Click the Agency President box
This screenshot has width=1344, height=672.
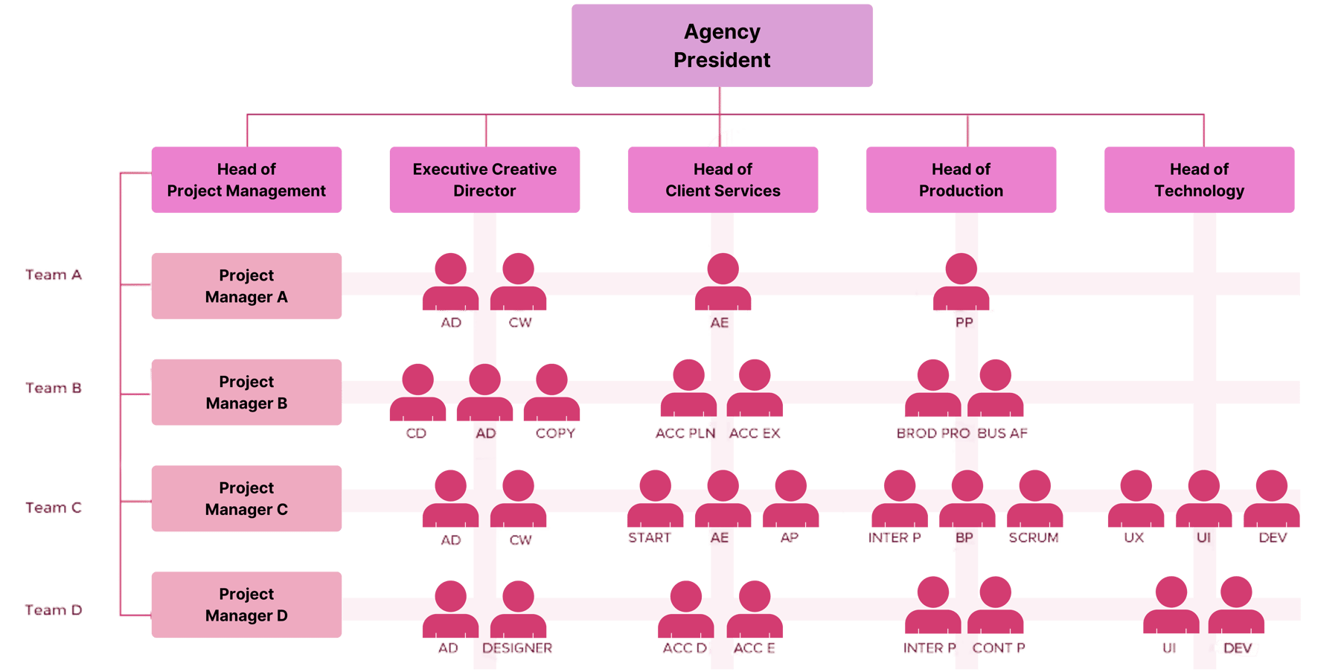point(722,45)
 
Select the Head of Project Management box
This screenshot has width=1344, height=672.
point(246,180)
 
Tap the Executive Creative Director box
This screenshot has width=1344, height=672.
point(484,180)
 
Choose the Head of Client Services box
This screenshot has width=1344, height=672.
point(723,180)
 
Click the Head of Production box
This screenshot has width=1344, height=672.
point(961,180)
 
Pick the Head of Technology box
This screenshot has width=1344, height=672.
point(1199,180)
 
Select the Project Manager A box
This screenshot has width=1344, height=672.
point(246,286)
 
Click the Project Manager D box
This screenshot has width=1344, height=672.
point(246,605)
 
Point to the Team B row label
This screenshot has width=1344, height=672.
point(54,388)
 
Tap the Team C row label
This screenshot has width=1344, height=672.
point(54,508)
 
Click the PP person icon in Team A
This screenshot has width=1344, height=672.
point(961,283)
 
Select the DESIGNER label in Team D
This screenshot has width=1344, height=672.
point(517,648)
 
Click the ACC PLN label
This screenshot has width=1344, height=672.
point(685,433)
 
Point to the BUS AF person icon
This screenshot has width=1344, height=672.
point(995,388)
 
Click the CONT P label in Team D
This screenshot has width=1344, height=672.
point(999,648)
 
